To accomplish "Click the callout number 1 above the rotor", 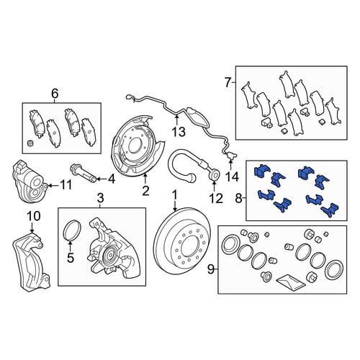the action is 175,195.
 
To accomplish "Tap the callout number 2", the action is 145,191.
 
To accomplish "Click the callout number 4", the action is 112,179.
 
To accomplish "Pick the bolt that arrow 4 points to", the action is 84,172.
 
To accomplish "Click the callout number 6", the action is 55,94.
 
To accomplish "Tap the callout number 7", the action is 228,83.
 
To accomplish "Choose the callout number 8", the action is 238,198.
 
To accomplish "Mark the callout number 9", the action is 210,269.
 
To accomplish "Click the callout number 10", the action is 34,216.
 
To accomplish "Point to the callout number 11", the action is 66,185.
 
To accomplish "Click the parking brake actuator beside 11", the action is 30,181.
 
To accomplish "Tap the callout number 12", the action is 216,199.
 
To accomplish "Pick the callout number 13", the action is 179,132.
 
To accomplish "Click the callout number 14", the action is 232,177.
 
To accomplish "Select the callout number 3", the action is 101,198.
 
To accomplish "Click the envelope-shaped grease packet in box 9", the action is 291,282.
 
